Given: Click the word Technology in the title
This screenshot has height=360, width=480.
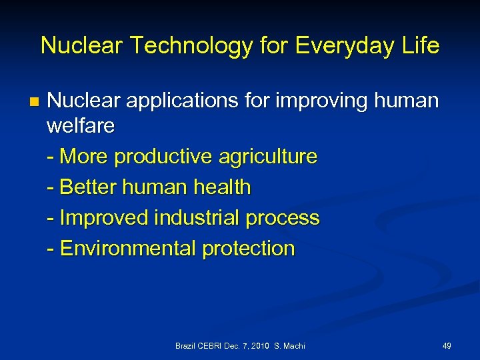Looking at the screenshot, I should click(x=171, y=46).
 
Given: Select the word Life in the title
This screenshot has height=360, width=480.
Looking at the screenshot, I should click(x=419, y=46).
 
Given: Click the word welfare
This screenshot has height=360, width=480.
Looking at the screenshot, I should click(x=81, y=126).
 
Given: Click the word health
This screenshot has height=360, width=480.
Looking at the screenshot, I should click(x=221, y=188).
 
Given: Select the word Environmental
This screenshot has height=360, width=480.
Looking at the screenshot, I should click(x=128, y=249).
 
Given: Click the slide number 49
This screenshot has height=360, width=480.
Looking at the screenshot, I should click(x=447, y=346).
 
